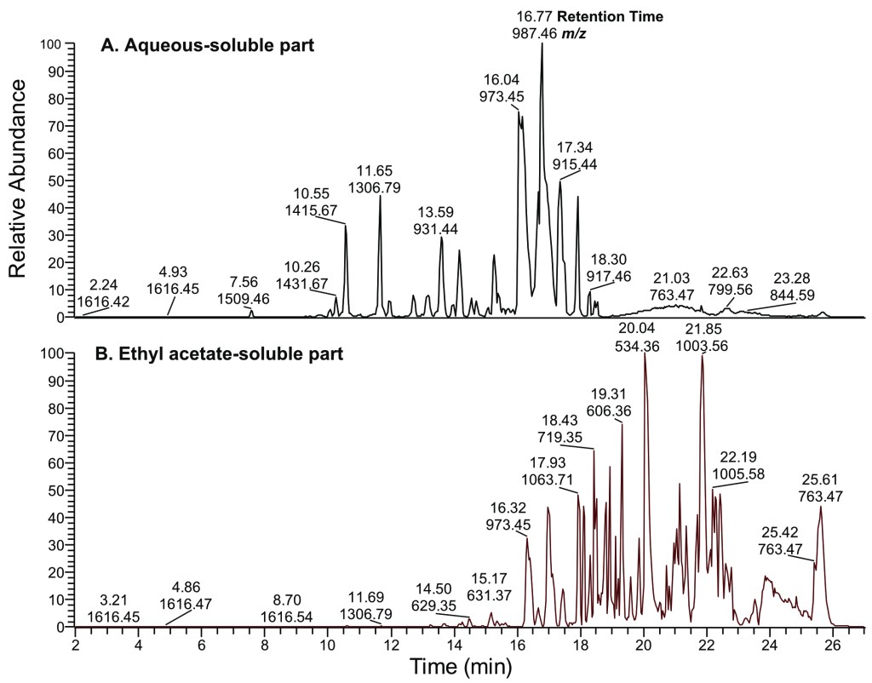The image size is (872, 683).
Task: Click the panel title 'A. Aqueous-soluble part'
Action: click(208, 46)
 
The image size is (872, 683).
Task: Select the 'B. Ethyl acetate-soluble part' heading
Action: click(221, 353)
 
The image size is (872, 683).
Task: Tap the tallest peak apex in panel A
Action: click(542, 44)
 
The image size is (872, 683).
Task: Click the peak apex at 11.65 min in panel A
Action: click(380, 197)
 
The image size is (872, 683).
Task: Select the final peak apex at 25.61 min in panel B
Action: click(821, 507)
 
